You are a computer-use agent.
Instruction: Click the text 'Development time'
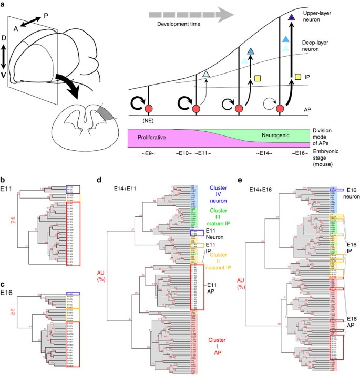(174, 24)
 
